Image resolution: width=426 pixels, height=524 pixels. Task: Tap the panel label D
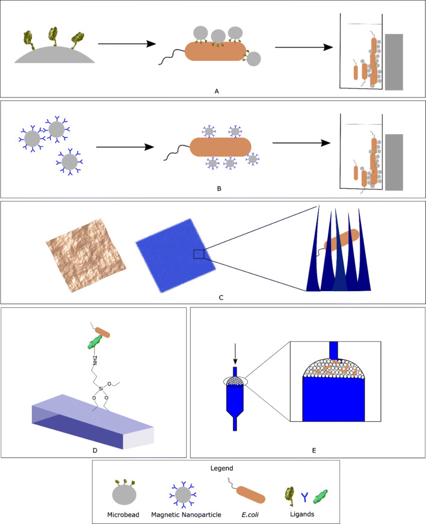[x=96, y=448]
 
